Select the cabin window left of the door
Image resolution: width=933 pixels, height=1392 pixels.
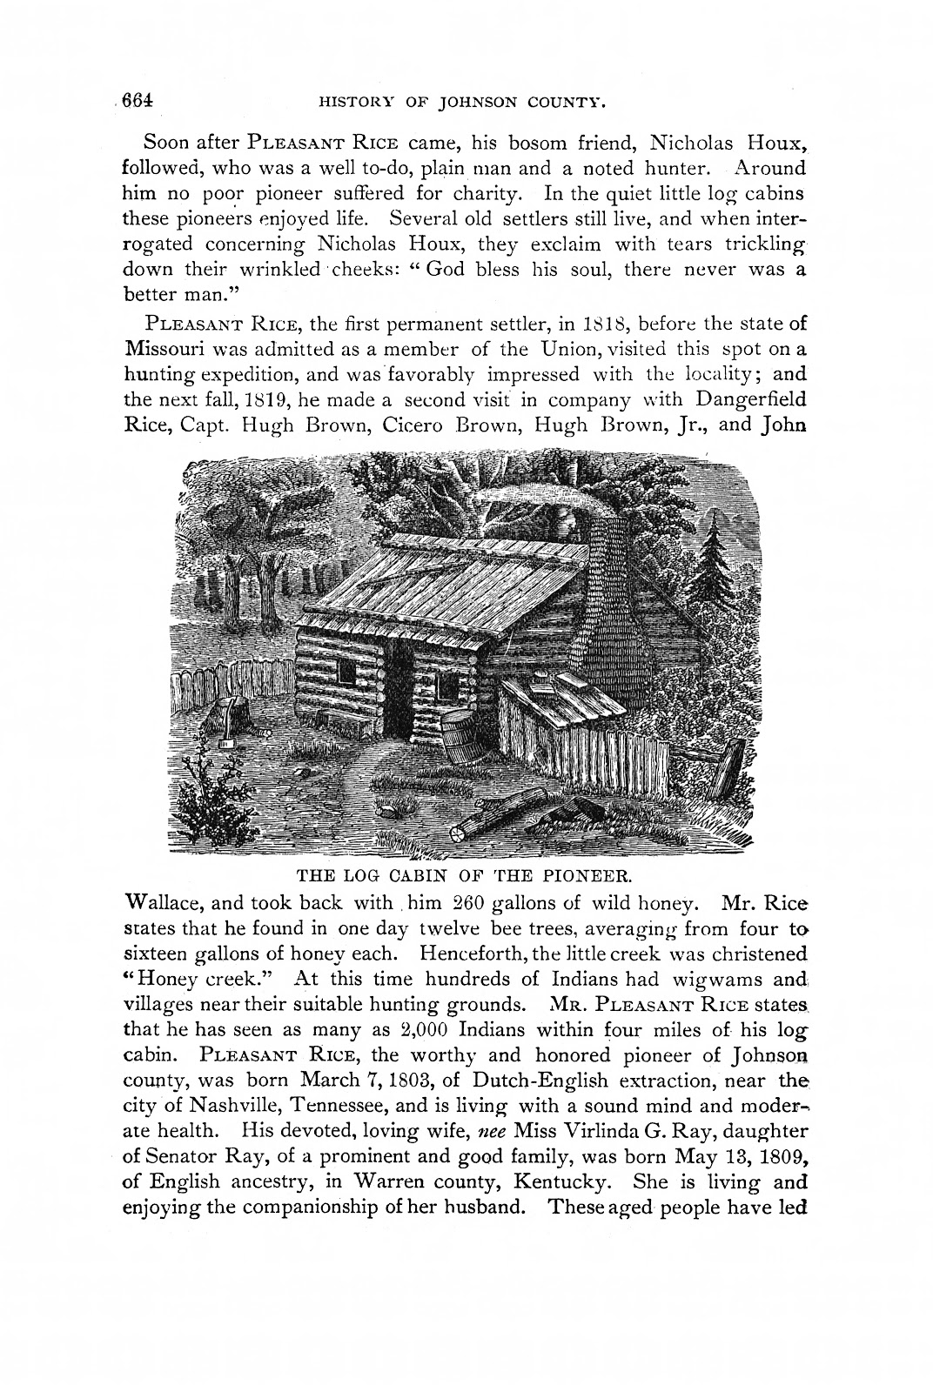345,672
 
